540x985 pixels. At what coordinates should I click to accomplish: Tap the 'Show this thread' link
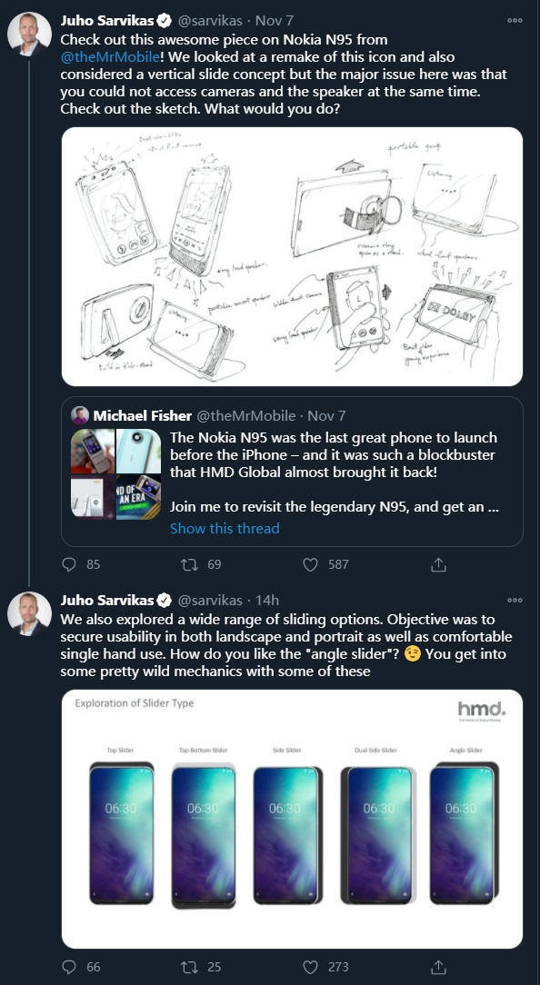pos(225,528)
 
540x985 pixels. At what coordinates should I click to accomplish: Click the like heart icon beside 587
pos(311,564)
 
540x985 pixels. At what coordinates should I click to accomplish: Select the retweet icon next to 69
pos(189,564)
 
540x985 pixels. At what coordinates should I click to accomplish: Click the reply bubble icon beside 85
pos(69,564)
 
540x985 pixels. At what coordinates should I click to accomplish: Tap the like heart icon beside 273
pos(311,967)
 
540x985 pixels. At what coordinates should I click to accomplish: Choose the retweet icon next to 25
pos(189,967)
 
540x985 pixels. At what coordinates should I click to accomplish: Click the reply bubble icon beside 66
pos(69,967)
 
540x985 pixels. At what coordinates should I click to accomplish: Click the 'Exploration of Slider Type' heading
pos(134,703)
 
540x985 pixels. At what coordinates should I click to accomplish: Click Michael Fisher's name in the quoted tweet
pos(142,415)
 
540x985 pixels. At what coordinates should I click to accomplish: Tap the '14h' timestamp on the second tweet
pos(267,600)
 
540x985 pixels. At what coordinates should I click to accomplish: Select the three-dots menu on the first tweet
pos(515,19)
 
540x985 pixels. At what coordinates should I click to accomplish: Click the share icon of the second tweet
pos(438,967)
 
